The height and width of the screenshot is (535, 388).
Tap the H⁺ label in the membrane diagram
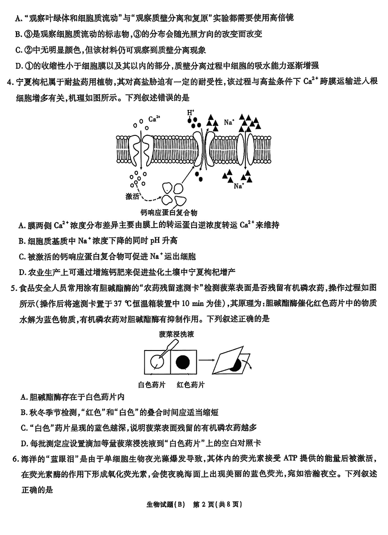[191, 113]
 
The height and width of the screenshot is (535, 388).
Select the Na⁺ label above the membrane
[229, 122]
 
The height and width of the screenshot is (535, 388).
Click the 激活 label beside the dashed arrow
[133, 196]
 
